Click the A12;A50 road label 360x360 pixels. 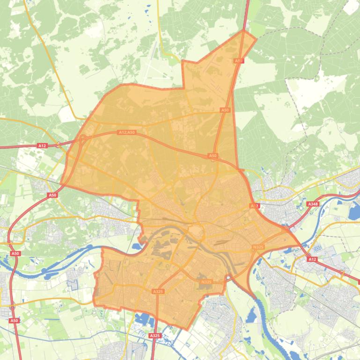127,132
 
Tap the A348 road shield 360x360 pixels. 312,204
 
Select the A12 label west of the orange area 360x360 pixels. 42,146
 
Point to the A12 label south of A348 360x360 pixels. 312,259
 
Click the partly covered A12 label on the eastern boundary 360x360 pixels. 254,206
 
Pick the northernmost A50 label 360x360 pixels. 239,61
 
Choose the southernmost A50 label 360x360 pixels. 14,320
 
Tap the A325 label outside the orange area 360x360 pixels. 154,336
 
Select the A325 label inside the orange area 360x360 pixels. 158,291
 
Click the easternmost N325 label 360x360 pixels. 258,247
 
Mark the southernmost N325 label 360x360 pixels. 206,282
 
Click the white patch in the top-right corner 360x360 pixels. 351,7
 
